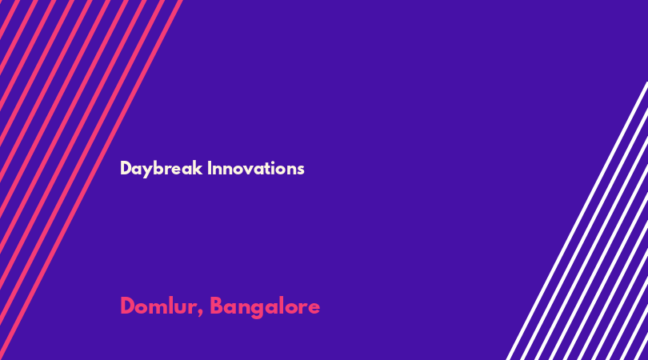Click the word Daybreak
[x=161, y=169]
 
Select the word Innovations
[x=256, y=168]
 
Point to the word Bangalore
[x=265, y=307]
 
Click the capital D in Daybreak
[x=126, y=168]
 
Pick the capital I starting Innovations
[x=210, y=168]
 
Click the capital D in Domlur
[x=127, y=306]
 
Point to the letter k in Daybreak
[x=198, y=168]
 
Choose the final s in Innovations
[x=301, y=170]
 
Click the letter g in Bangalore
[x=256, y=310]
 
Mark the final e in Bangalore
[x=314, y=308]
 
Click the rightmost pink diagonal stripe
[x=91, y=180]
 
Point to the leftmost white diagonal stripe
[x=578, y=221]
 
